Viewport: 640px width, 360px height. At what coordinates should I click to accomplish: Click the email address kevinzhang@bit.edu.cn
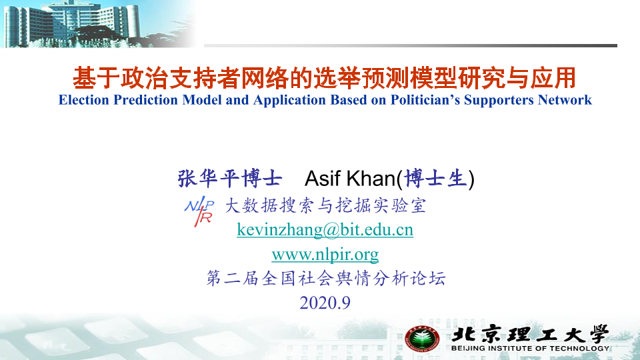pos(325,230)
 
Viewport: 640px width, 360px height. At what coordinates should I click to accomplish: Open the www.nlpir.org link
pos(325,255)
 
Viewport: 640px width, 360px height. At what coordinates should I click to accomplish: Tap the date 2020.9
pos(325,303)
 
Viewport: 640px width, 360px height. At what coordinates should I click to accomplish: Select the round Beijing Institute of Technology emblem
pos(422,339)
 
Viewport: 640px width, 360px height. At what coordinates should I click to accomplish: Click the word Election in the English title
pos(84,100)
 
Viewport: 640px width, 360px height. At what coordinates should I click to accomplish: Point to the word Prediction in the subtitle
pos(146,100)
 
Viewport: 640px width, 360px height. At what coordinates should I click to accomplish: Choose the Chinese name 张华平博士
pos(230,179)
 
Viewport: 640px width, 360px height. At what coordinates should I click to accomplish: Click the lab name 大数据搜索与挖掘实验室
pos(325,205)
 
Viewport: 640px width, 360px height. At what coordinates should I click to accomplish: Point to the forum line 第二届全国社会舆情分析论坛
pos(326,279)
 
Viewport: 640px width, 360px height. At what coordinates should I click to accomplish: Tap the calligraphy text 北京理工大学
pos(530,335)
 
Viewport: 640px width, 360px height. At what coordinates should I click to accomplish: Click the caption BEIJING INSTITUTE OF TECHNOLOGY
pos(530,348)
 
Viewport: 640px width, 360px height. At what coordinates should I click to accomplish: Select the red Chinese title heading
pos(325,78)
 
